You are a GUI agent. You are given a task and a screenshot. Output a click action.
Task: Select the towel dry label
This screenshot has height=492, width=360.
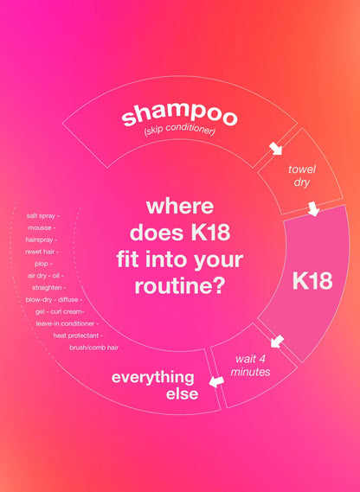pos(302,176)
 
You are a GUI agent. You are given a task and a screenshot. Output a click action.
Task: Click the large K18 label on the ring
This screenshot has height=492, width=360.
pos(312,280)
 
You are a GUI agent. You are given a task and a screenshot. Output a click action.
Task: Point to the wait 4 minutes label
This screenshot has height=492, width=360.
pos(253,365)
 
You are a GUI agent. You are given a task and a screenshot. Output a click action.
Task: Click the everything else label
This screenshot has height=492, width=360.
pos(152,386)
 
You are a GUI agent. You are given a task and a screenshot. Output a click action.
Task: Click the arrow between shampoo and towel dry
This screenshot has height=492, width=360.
pos(276,148)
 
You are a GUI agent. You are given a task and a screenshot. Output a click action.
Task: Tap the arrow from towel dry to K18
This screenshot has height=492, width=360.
pos(312,209)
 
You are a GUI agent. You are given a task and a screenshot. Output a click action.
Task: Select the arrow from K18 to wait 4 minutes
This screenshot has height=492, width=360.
pos(277,352)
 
